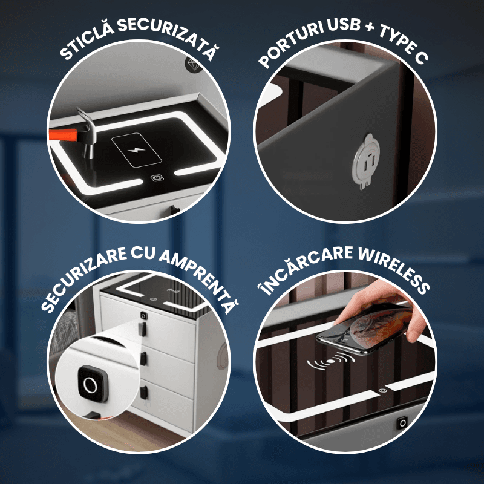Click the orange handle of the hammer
pyautogui.click(x=64, y=135)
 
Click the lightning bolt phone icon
pyautogui.click(x=137, y=150)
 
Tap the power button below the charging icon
pyautogui.click(x=155, y=178)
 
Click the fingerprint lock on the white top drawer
pyautogui.click(x=143, y=315)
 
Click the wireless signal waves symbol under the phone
pyautogui.click(x=331, y=361)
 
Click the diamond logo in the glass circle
pyautogui.click(x=194, y=65)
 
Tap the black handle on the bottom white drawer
pyautogui.click(x=143, y=392)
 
